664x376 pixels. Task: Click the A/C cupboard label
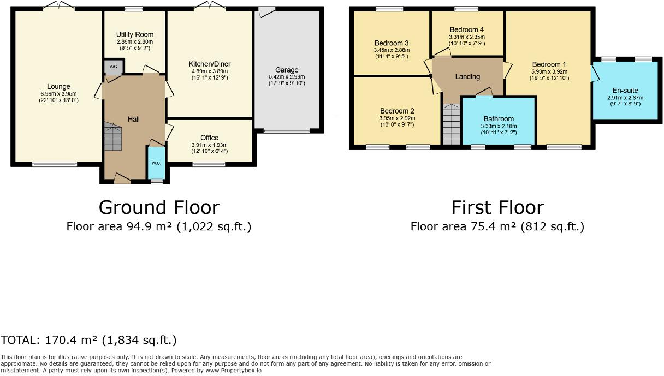click(x=114, y=67)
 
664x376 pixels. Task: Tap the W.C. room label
click(x=156, y=163)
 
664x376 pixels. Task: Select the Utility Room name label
click(x=135, y=34)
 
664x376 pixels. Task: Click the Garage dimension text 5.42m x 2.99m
click(x=287, y=77)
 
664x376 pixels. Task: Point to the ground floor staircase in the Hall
click(x=112, y=136)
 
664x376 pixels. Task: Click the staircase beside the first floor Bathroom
click(x=451, y=124)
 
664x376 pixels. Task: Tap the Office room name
click(x=209, y=138)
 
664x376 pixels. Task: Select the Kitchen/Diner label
click(x=210, y=64)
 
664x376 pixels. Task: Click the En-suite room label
click(x=625, y=91)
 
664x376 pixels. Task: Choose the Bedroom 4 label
click(x=467, y=29)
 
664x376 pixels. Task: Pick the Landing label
click(x=467, y=77)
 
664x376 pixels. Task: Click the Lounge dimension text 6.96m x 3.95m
click(x=58, y=94)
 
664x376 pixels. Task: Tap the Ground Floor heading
click(x=159, y=207)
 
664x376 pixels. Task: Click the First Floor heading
click(x=497, y=207)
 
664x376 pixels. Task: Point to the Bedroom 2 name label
click(x=397, y=111)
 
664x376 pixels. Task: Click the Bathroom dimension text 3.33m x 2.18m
click(x=499, y=126)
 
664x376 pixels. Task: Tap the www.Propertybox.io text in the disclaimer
click(x=234, y=371)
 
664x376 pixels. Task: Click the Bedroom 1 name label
click(x=549, y=64)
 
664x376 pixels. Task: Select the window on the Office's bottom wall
click(x=209, y=164)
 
